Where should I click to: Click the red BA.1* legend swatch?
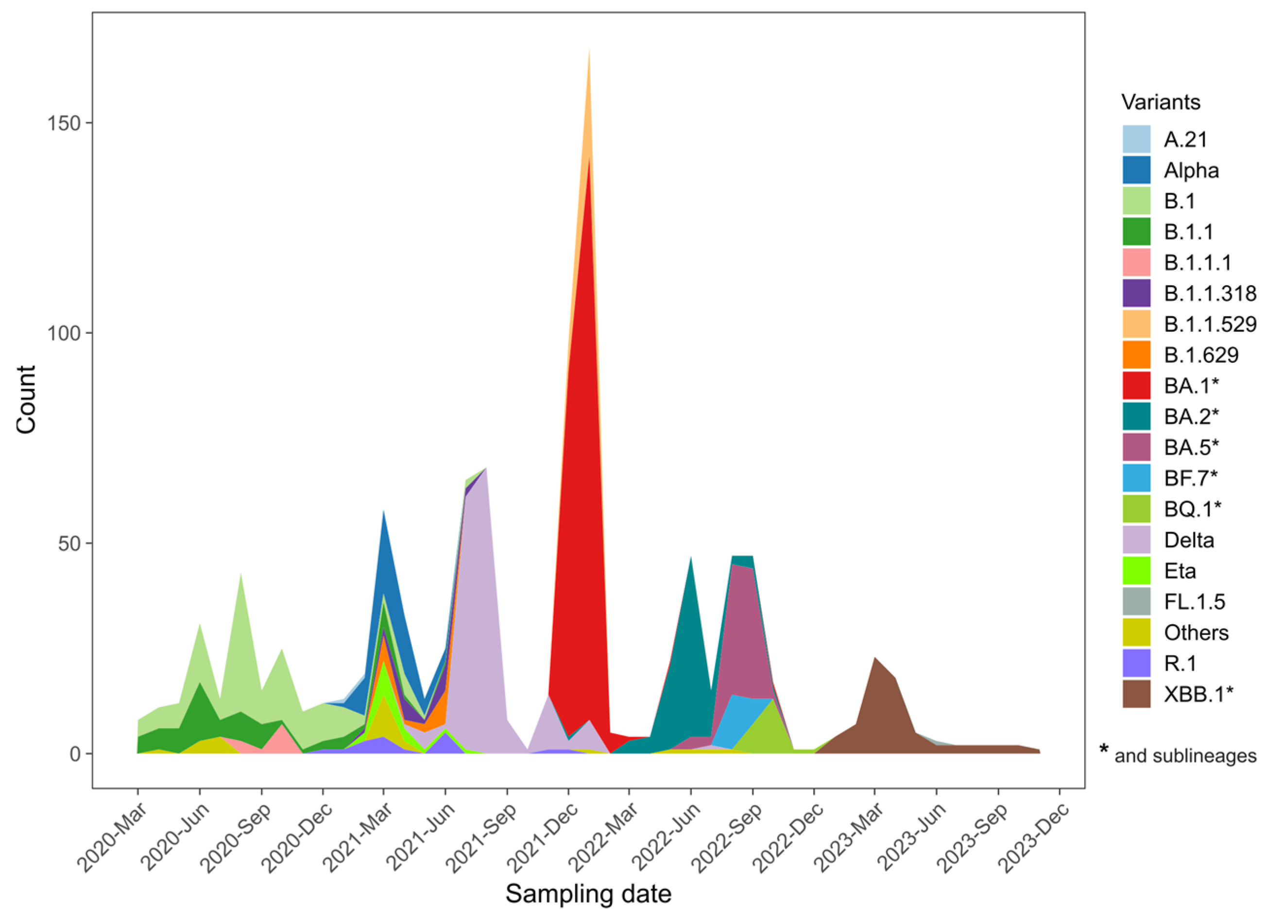[x=1136, y=386]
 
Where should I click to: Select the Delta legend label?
[x=1189, y=540]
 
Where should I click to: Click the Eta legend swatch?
[x=1136, y=571]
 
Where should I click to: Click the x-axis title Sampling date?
[x=588, y=894]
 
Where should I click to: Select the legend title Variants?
[x=1161, y=102]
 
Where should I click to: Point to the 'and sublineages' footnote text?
[x=1185, y=756]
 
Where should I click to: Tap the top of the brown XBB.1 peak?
[x=875, y=658]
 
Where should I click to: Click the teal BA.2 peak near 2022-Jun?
[x=690, y=558]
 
